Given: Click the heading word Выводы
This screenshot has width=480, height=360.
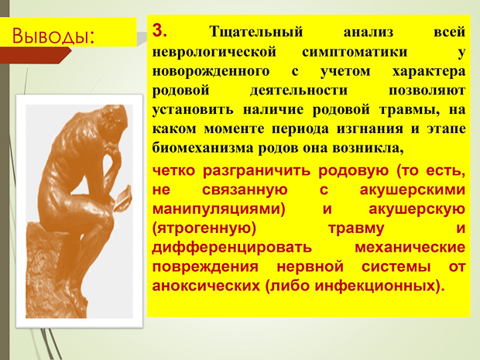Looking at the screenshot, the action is (x=53, y=36).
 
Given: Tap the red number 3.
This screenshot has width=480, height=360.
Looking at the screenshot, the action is (x=159, y=30).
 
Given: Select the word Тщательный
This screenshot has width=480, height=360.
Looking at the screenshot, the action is (x=256, y=32).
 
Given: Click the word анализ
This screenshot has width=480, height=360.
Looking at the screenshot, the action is (x=369, y=33).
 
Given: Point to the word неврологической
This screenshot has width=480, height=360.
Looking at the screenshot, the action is (x=214, y=52).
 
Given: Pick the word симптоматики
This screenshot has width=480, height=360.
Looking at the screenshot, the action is (x=355, y=52).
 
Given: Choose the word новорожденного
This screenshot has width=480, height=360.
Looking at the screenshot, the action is (x=211, y=71).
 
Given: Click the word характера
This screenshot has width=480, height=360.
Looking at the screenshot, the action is (x=429, y=71).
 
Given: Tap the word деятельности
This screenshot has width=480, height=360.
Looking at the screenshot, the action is (x=299, y=91).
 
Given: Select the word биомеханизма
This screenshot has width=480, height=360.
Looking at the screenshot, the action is (x=203, y=148).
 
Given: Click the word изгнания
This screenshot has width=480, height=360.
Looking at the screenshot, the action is (x=370, y=129).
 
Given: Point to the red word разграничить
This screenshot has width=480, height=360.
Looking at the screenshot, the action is (x=256, y=170).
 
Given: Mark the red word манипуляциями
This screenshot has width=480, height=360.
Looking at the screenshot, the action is (x=218, y=209).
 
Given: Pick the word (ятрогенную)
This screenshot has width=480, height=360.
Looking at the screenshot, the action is (x=204, y=228).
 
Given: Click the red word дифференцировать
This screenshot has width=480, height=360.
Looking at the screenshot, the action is (x=231, y=247).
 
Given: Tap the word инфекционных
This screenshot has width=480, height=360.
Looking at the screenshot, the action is (x=375, y=286).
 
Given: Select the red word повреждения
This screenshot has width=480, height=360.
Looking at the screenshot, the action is (x=205, y=267).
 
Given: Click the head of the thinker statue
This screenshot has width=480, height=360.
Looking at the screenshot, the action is (x=114, y=118).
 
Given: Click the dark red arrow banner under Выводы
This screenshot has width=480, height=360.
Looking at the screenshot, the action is (x=35, y=55).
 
